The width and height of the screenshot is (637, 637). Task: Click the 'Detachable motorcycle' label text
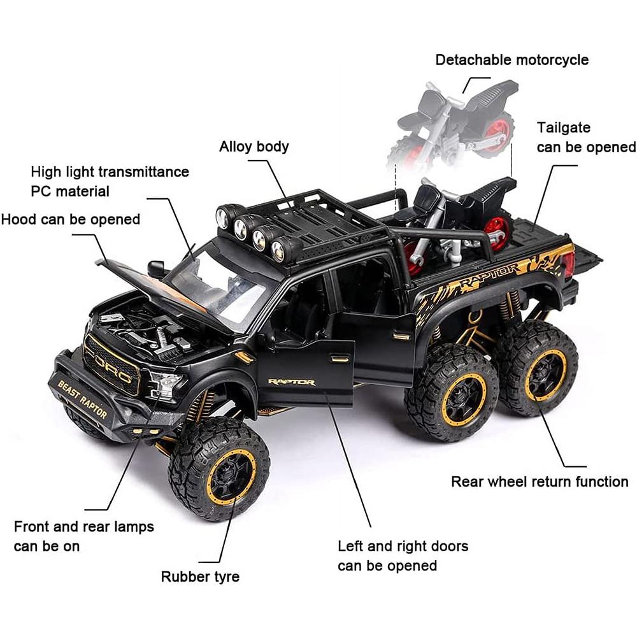point(512,60)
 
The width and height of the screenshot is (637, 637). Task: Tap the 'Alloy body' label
point(254,147)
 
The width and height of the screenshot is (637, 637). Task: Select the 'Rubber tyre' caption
point(200,576)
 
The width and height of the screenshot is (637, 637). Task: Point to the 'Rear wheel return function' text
point(540,482)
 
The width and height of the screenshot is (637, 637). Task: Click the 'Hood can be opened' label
point(70,220)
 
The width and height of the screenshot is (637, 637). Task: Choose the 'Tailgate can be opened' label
point(585,137)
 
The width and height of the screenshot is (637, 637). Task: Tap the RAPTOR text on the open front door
point(291,382)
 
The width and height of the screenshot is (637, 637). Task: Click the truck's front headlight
point(165,385)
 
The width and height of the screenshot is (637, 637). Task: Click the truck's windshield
point(220,283)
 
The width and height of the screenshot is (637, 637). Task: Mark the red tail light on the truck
point(569,262)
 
